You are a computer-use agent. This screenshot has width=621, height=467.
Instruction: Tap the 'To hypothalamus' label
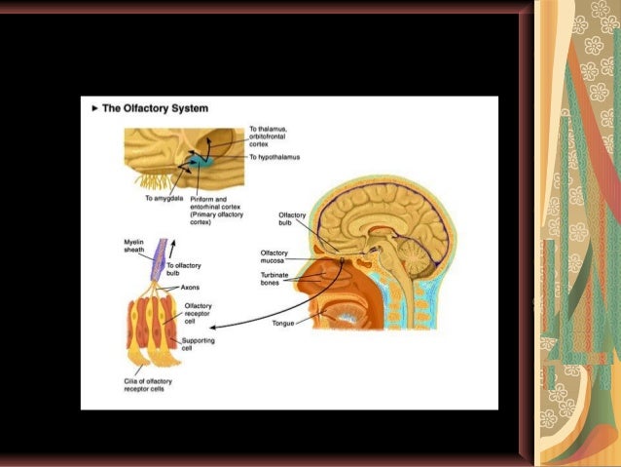coord(274,157)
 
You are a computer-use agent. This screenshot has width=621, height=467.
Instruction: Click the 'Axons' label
coord(191,288)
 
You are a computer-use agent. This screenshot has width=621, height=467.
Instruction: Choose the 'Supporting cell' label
coord(199,344)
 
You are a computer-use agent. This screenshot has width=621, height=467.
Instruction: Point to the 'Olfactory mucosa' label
coord(275,256)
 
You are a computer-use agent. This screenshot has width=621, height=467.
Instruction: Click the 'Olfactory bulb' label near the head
coord(293,218)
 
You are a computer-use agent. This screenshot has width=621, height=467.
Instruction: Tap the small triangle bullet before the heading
coord(94,107)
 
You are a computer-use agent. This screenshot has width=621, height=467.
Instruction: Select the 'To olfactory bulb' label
coord(183,269)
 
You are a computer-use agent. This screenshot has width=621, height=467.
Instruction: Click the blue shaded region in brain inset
coord(203,156)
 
